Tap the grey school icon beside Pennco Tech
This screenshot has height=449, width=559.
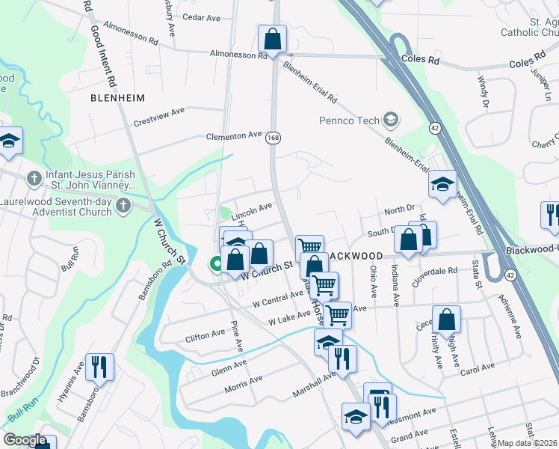(x=390, y=120)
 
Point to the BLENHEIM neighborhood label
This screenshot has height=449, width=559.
(x=117, y=98)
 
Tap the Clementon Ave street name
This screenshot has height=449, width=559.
(x=234, y=136)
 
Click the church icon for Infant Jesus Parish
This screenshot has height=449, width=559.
(x=34, y=179)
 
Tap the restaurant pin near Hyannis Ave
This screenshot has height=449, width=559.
(x=99, y=367)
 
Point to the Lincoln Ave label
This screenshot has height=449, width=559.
(x=251, y=210)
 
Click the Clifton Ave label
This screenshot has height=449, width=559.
(x=205, y=334)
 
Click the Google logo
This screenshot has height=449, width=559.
(x=25, y=440)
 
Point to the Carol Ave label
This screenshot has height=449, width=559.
(x=478, y=369)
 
